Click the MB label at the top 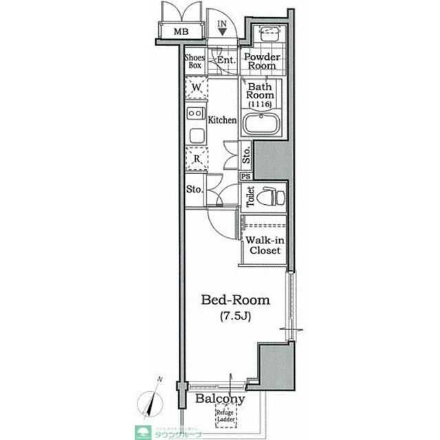[x=180, y=32]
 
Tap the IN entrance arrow [x=222, y=27]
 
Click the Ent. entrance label [x=226, y=60]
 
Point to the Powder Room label [x=262, y=61]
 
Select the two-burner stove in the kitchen [x=196, y=114]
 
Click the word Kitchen [x=223, y=120]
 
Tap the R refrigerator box [x=196, y=157]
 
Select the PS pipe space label [x=245, y=176]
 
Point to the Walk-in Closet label [x=263, y=245]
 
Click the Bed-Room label [x=235, y=300]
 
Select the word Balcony [x=220, y=399]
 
